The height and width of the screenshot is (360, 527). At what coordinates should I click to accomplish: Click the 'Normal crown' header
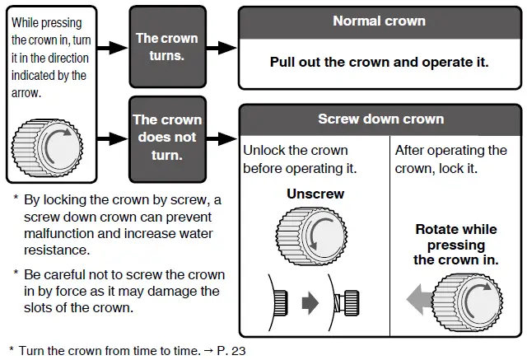379,21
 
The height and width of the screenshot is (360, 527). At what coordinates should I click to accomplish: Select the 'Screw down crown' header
379,119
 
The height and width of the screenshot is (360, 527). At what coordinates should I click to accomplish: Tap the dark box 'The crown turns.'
167,47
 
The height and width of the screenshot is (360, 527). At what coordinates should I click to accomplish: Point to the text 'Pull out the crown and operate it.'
379,63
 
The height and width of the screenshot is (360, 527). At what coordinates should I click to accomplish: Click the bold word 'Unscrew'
315,194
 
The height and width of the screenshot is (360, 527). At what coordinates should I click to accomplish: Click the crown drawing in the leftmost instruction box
46,147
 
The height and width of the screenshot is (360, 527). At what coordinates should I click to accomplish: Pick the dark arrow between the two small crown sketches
310,303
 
